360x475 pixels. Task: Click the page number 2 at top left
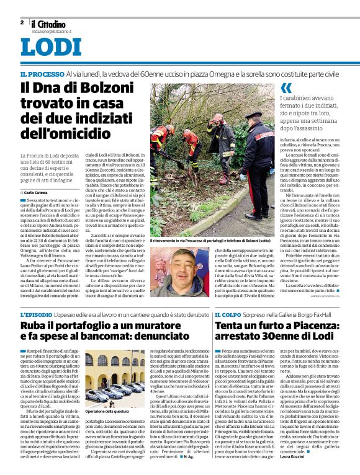(x=22, y=22)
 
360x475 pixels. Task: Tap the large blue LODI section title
(x=51, y=47)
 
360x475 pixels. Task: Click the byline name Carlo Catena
(x=39, y=176)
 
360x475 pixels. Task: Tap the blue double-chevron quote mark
(x=286, y=88)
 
